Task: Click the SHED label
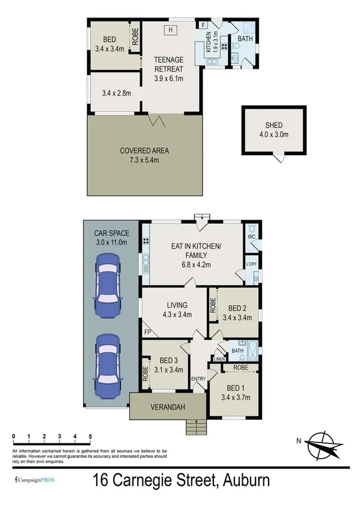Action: tap(273, 125)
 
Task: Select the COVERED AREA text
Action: tap(144, 150)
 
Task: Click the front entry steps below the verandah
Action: tap(195, 426)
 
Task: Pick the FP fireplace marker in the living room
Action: tap(147, 331)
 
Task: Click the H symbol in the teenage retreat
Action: tap(171, 29)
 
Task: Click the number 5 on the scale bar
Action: tap(90, 436)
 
